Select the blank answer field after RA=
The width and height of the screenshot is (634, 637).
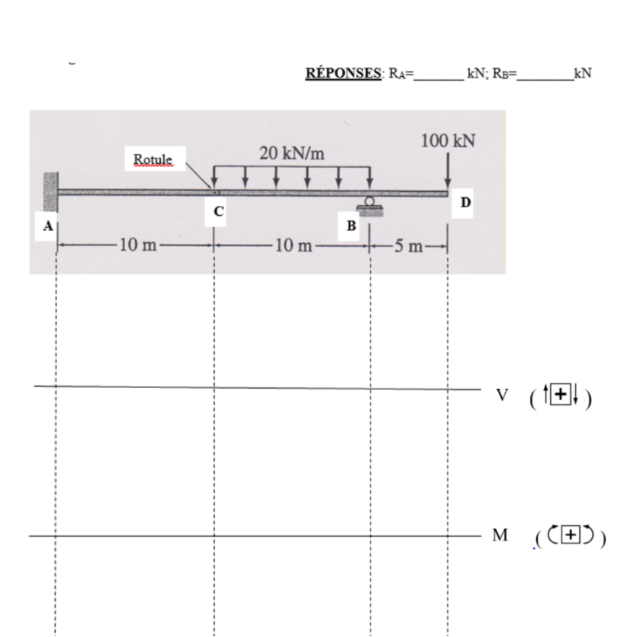[x=439, y=75]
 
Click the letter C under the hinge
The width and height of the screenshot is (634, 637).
[x=218, y=211]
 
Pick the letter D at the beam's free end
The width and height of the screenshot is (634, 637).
[x=465, y=203]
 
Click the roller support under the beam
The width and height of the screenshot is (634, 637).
[x=369, y=204]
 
